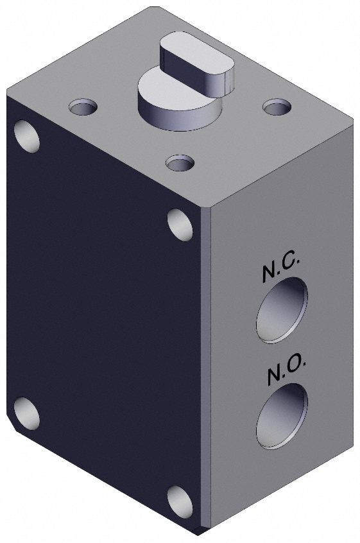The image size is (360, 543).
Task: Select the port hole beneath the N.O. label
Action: pyautogui.click(x=282, y=415)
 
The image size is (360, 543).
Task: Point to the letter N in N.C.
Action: pyautogui.click(x=269, y=274)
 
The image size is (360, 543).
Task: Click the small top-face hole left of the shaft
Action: pyautogui.click(x=83, y=106)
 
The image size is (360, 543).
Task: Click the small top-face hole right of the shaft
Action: pyautogui.click(x=276, y=106)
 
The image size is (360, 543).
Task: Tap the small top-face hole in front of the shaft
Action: pyautogui.click(x=180, y=162)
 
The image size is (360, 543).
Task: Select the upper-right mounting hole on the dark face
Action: pyautogui.click(x=180, y=224)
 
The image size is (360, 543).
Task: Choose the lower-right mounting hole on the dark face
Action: pyautogui.click(x=180, y=501)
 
